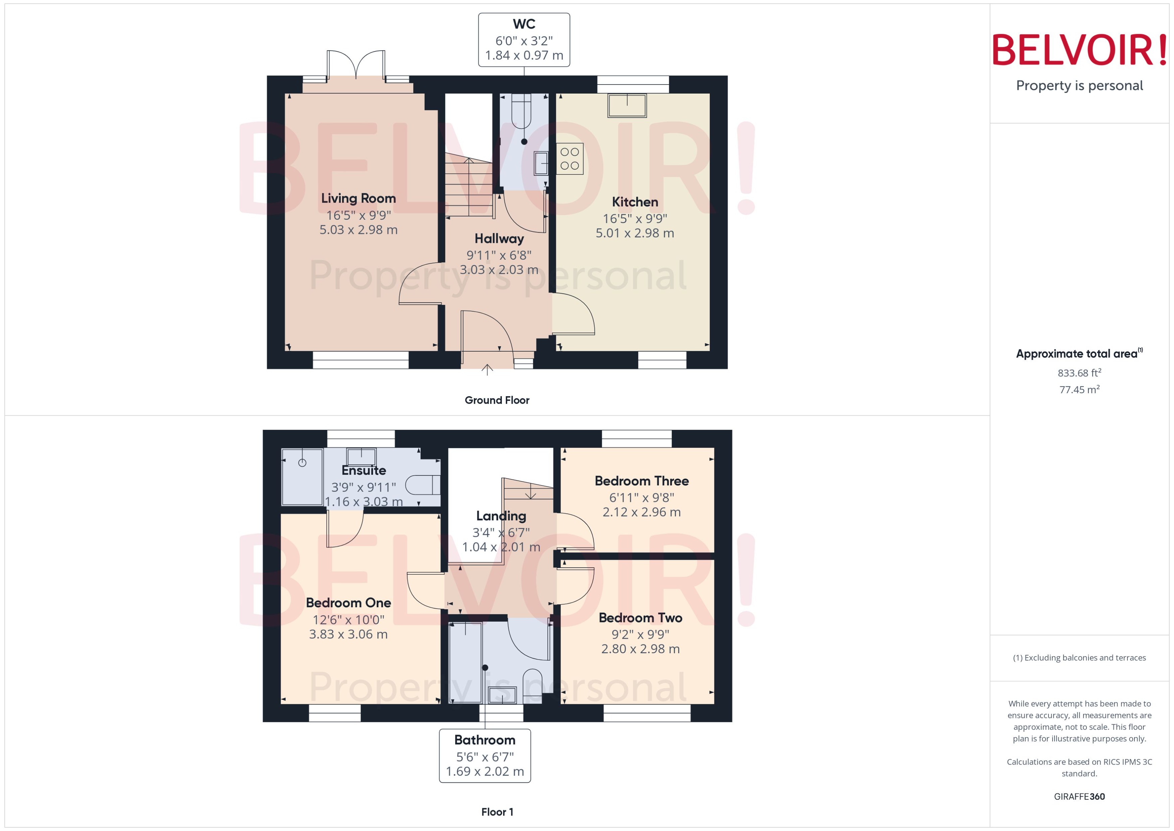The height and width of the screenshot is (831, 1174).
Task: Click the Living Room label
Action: click(358, 199)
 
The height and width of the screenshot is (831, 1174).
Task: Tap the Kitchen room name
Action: click(635, 202)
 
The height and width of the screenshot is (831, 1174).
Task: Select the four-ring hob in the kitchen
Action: click(569, 159)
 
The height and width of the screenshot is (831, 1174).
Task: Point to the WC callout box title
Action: click(524, 24)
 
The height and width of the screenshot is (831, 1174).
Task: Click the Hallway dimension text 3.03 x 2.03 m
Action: click(499, 270)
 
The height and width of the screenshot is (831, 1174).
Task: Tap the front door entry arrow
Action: click(487, 369)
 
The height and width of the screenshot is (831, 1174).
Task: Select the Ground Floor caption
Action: click(497, 400)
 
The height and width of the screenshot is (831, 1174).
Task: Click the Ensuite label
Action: click(364, 471)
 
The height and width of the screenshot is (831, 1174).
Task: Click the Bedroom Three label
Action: click(641, 481)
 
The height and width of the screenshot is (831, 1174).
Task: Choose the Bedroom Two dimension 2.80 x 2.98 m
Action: click(640, 649)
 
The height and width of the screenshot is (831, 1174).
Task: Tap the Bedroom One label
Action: click(349, 603)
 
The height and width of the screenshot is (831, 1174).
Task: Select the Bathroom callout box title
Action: click(484, 740)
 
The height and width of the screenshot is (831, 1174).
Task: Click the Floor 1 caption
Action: click(497, 812)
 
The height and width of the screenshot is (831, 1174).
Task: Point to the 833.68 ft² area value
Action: click(1079, 373)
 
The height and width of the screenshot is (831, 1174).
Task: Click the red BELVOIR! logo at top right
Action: click(1079, 50)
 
